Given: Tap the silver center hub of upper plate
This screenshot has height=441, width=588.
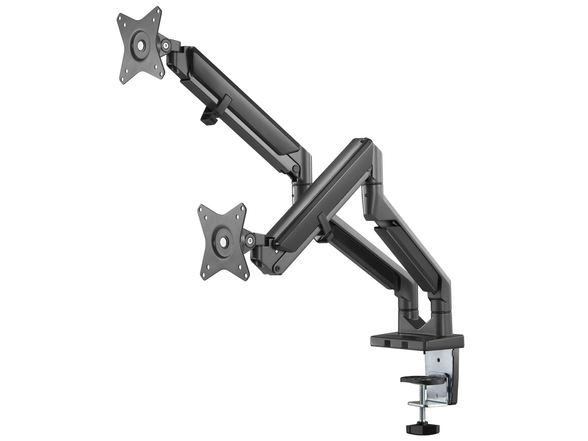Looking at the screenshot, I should point(141,45).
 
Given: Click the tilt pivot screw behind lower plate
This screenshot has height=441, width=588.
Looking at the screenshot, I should point(251,241).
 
